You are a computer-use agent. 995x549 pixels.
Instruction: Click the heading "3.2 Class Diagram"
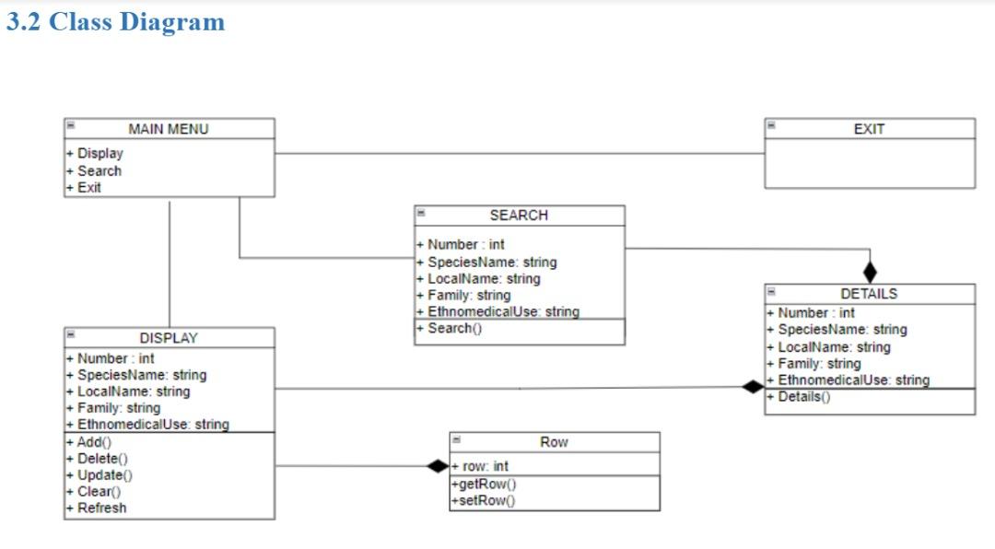(115, 22)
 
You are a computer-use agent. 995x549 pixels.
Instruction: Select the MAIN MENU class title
(169, 129)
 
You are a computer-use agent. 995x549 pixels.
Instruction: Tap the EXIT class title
(869, 129)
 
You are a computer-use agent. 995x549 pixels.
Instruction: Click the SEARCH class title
(519, 215)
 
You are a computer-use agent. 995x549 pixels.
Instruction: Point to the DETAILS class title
(869, 294)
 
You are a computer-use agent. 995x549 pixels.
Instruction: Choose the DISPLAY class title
(169, 338)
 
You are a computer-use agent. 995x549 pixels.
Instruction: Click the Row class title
(554, 442)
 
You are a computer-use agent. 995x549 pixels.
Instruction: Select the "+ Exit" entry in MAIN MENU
(85, 187)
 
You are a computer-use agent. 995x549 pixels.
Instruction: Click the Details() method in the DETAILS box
(800, 397)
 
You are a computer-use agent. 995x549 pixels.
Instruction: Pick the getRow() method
(484, 485)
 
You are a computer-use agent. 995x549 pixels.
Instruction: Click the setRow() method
(484, 500)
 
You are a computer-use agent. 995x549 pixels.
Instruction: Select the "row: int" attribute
(481, 466)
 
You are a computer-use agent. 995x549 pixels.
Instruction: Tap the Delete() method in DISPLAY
(99, 458)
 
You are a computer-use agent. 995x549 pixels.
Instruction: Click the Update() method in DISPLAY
(100, 474)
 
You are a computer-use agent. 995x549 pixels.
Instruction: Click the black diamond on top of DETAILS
(870, 272)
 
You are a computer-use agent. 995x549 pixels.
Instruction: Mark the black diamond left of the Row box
(438, 466)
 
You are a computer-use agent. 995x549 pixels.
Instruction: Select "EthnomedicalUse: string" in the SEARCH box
(499, 311)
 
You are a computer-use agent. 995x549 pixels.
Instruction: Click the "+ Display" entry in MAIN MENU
(96, 154)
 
